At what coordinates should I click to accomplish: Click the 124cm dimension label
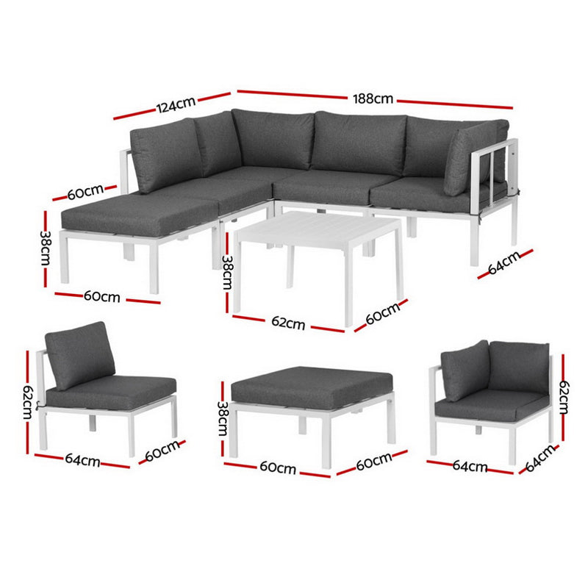click(174, 105)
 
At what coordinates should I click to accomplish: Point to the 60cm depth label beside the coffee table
click(381, 314)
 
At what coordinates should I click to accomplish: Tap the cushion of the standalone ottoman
click(312, 385)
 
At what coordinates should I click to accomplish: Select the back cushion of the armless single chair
click(81, 354)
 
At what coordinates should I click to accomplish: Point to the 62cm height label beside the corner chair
click(564, 398)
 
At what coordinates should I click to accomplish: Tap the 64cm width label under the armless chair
click(82, 461)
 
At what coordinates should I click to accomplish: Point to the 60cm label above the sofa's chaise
click(85, 193)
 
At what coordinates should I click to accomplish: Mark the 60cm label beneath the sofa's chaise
click(102, 297)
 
